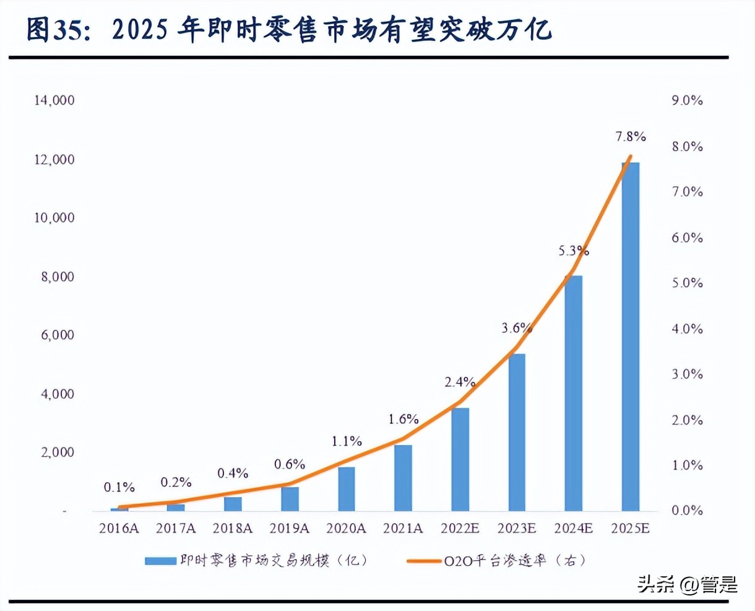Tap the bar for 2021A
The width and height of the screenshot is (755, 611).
[x=403, y=478]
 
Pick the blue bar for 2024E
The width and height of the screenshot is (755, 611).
[x=574, y=393]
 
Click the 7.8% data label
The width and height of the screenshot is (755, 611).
[x=630, y=136]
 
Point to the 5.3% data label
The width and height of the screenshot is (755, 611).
[x=574, y=251]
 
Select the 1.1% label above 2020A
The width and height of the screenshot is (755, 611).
[x=347, y=441]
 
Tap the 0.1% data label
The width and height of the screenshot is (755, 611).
[x=119, y=488]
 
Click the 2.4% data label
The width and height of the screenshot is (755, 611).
[x=460, y=382]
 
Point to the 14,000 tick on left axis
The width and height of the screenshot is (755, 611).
[x=54, y=100]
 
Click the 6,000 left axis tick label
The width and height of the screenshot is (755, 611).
[x=58, y=335]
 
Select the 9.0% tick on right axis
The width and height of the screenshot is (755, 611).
[x=687, y=100]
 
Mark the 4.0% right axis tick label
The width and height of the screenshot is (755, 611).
[x=687, y=329]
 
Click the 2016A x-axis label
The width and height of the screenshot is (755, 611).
[x=119, y=529]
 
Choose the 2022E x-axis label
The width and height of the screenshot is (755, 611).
[x=460, y=529]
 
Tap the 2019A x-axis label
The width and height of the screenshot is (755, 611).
[x=290, y=529]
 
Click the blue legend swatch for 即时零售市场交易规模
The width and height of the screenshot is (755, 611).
[x=160, y=561]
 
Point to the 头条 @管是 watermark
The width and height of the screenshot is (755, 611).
[x=687, y=584]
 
